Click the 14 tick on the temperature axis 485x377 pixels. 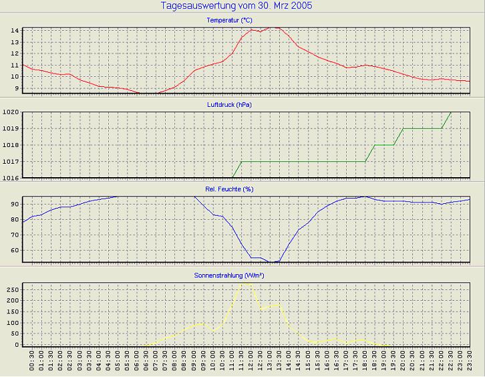14,31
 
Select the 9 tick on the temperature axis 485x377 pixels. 16,88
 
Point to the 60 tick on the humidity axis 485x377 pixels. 14,251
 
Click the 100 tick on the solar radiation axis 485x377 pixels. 12,322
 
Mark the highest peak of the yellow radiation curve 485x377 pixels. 246,283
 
